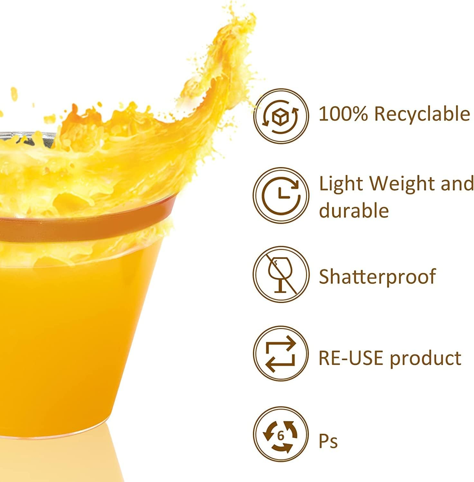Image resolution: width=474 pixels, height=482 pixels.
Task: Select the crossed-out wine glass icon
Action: [281, 275]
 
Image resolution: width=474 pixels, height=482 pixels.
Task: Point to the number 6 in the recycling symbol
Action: [281, 436]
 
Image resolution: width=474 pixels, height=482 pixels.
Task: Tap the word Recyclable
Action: [422, 114]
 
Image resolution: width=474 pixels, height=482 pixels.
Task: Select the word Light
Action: [341, 184]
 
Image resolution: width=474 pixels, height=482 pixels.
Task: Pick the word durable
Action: [354, 211]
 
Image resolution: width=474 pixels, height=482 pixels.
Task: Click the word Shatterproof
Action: [377, 276]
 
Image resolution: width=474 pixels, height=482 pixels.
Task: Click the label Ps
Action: [328, 441]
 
